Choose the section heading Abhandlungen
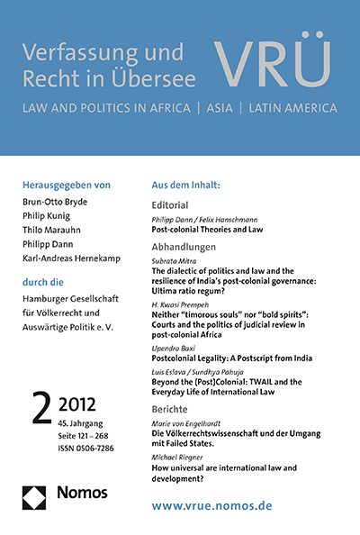click(x=191, y=246)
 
